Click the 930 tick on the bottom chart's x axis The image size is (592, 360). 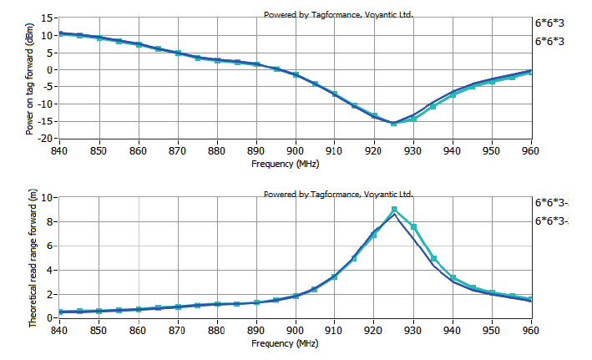(412, 330)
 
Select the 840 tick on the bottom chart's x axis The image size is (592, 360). (60, 330)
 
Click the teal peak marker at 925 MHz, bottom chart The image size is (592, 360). (394, 210)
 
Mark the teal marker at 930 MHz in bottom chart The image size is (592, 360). (413, 227)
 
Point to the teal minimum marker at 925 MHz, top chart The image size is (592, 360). (394, 124)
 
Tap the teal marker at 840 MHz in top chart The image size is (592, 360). (60, 34)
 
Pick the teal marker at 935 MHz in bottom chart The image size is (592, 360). (433, 259)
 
